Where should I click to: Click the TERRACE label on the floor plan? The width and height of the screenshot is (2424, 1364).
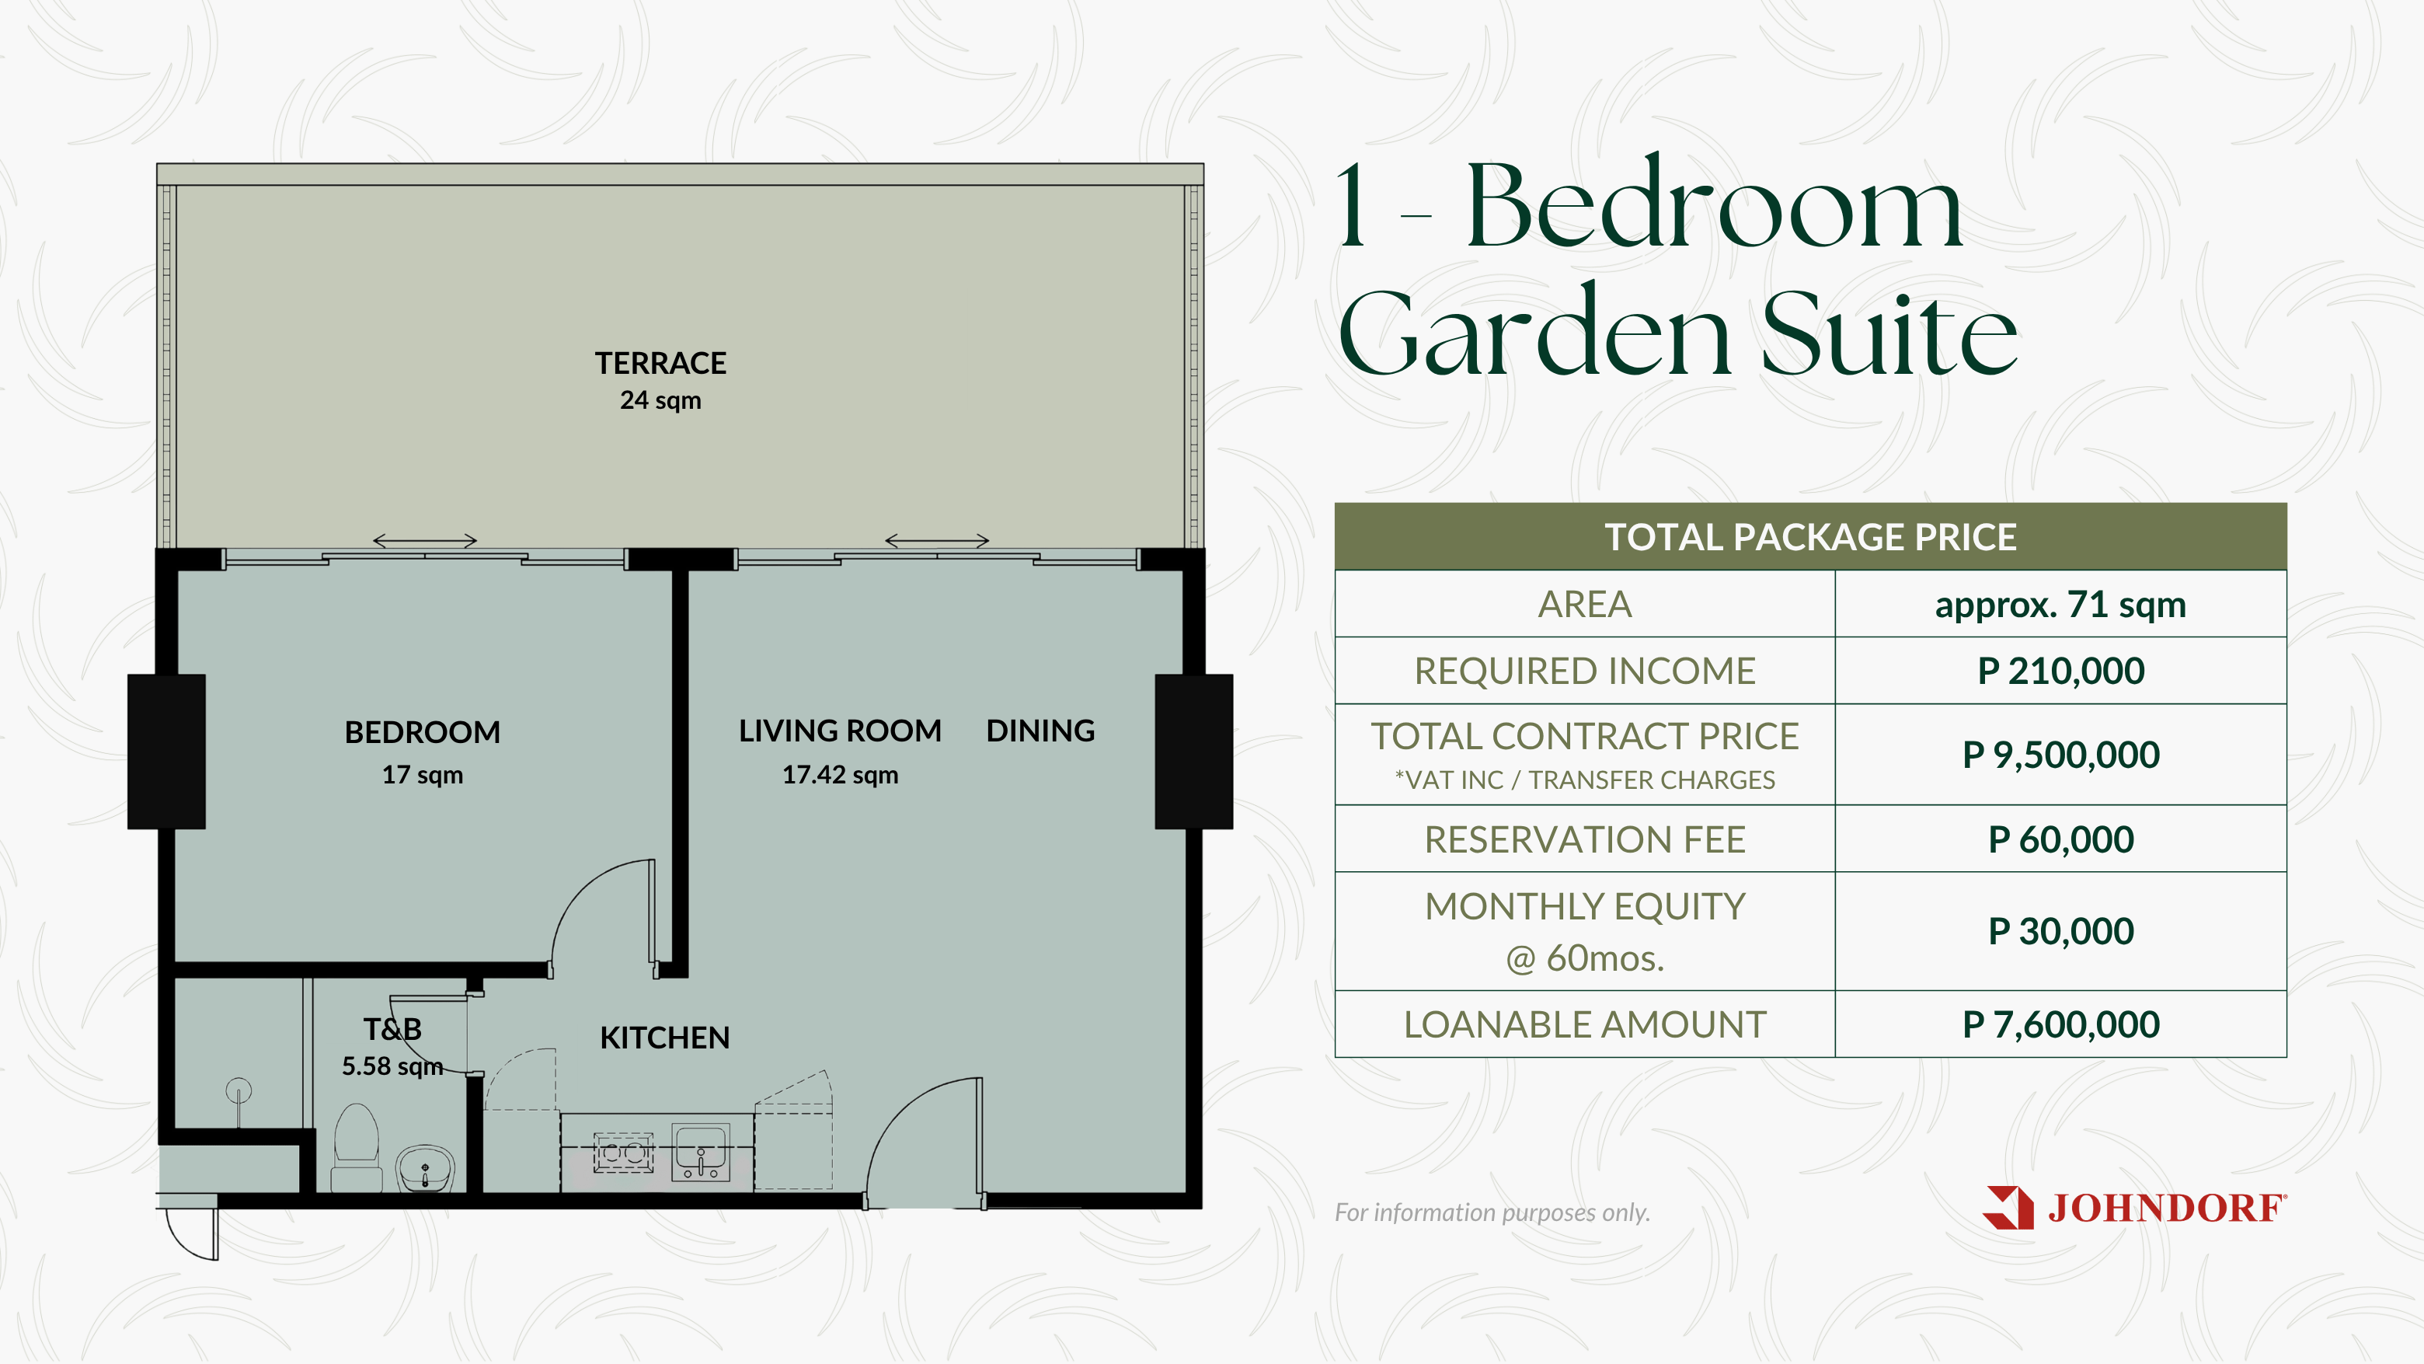pyautogui.click(x=660, y=364)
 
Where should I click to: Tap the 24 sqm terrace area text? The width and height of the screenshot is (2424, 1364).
pyautogui.click(x=660, y=400)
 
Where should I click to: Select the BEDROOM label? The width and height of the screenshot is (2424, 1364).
pyautogui.click(x=423, y=731)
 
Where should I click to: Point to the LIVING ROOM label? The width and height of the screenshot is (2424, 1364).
pyautogui.click(x=839, y=731)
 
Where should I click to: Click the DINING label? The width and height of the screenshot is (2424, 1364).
pyautogui.click(x=1040, y=731)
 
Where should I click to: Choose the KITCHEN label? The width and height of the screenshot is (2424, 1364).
pyautogui.click(x=664, y=1038)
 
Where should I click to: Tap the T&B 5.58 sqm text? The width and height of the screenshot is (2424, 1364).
pyautogui.click(x=392, y=1047)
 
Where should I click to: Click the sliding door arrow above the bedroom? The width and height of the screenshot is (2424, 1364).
pyautogui.click(x=425, y=540)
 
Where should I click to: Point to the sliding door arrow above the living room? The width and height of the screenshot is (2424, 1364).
pyautogui.click(x=937, y=540)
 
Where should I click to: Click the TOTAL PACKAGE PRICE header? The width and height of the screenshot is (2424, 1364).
pyautogui.click(x=1810, y=536)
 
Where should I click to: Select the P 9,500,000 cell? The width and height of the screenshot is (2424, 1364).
pyautogui.click(x=2060, y=755)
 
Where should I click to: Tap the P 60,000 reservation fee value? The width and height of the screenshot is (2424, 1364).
pyautogui.click(x=2060, y=839)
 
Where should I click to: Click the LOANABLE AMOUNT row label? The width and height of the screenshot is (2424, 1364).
pyautogui.click(x=1585, y=1024)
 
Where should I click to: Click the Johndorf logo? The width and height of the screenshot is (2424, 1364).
pyautogui.click(x=2135, y=1208)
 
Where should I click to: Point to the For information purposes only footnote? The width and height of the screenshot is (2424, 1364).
pyautogui.click(x=1492, y=1212)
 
